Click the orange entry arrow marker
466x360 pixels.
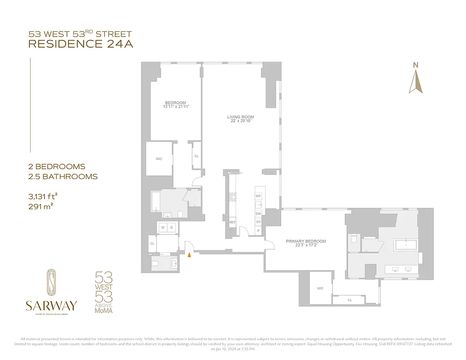189,255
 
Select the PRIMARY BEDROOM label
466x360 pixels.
306,241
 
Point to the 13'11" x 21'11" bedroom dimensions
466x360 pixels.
175,107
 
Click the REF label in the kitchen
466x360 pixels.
233,222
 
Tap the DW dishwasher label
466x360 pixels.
258,213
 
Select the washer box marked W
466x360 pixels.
163,228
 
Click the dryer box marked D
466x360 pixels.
171,228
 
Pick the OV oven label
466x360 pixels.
258,222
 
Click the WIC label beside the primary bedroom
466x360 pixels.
320,288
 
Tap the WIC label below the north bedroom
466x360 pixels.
159,159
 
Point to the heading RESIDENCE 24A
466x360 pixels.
81,44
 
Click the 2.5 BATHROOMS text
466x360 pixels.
63,176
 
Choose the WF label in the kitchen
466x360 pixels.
258,196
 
